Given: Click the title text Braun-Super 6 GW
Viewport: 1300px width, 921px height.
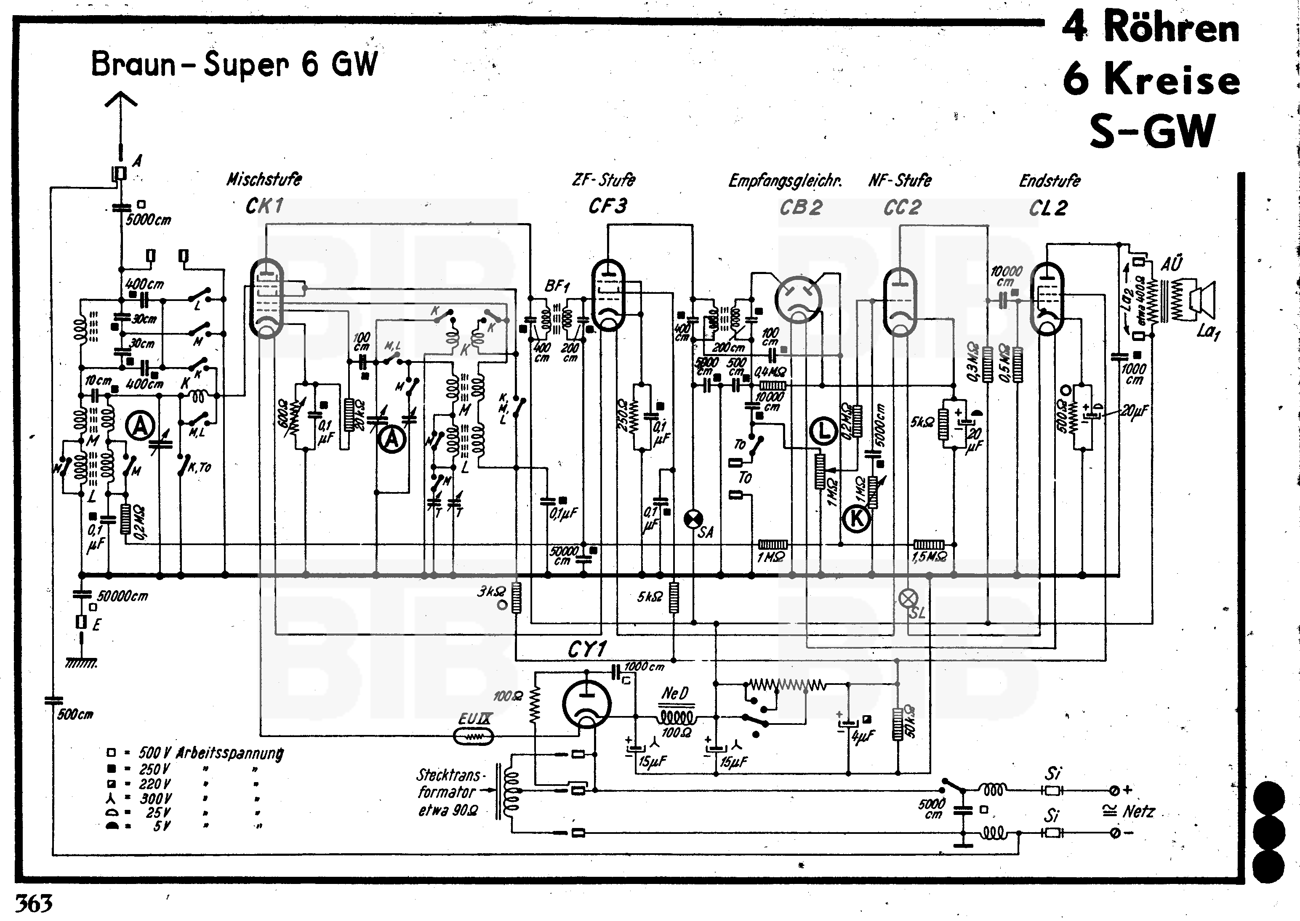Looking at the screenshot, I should click(x=234, y=64).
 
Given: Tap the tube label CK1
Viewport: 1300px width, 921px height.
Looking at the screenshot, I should click(x=264, y=206).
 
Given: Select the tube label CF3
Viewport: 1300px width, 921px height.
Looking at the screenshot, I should click(x=607, y=206).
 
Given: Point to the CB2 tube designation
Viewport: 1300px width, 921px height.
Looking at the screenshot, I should click(x=800, y=208).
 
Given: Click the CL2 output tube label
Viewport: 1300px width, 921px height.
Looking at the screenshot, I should click(x=1048, y=208).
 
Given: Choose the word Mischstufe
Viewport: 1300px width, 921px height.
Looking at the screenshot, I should click(x=264, y=180).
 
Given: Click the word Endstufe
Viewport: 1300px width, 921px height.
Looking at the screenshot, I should click(x=1049, y=181).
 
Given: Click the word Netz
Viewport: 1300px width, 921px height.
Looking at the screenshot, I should click(x=1138, y=812).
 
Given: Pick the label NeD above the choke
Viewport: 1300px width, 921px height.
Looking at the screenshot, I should click(x=675, y=693).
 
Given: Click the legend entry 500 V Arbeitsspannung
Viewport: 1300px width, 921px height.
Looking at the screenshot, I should click(x=196, y=753).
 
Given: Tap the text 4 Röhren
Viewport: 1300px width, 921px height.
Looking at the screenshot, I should click(x=1150, y=27).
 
